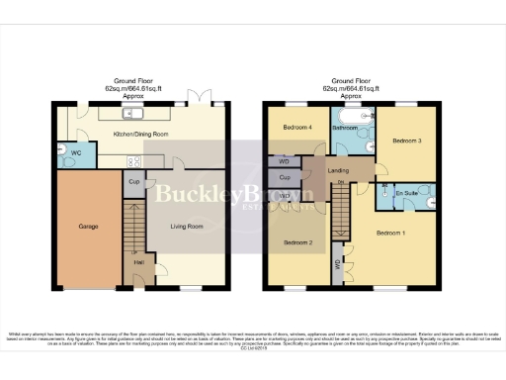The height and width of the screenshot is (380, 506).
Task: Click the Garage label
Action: [x=88, y=227]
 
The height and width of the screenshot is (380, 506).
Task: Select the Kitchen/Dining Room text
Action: [x=141, y=134]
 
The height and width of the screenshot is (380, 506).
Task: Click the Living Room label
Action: [x=186, y=227]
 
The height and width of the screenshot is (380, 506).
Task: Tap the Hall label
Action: [x=138, y=262]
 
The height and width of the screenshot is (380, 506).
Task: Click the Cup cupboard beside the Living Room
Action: [x=133, y=183]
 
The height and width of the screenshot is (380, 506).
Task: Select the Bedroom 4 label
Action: [x=296, y=128]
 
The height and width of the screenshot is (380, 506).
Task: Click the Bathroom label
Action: [x=345, y=129]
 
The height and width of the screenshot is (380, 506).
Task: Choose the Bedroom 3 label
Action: [x=407, y=142]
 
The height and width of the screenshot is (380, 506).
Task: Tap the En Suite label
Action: [x=404, y=193]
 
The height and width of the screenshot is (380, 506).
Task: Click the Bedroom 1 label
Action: [x=390, y=233]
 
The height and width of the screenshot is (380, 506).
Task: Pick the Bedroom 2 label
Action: [x=297, y=242]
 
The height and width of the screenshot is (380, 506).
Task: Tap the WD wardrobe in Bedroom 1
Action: [x=337, y=263]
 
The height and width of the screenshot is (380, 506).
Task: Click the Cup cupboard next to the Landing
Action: [x=284, y=178]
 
